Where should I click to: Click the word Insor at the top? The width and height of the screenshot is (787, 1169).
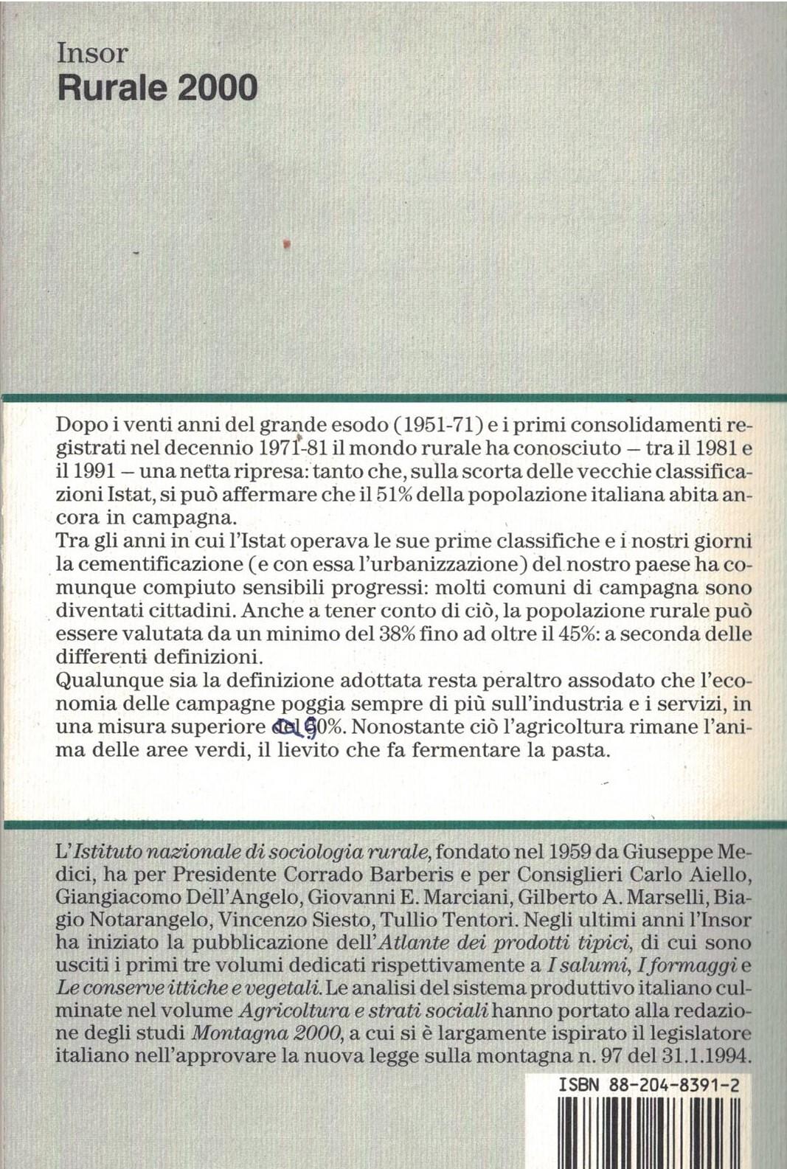pos(92,54)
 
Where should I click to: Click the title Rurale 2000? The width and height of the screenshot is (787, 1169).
pos(157,88)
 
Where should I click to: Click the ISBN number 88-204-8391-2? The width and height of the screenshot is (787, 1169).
pos(673,1086)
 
